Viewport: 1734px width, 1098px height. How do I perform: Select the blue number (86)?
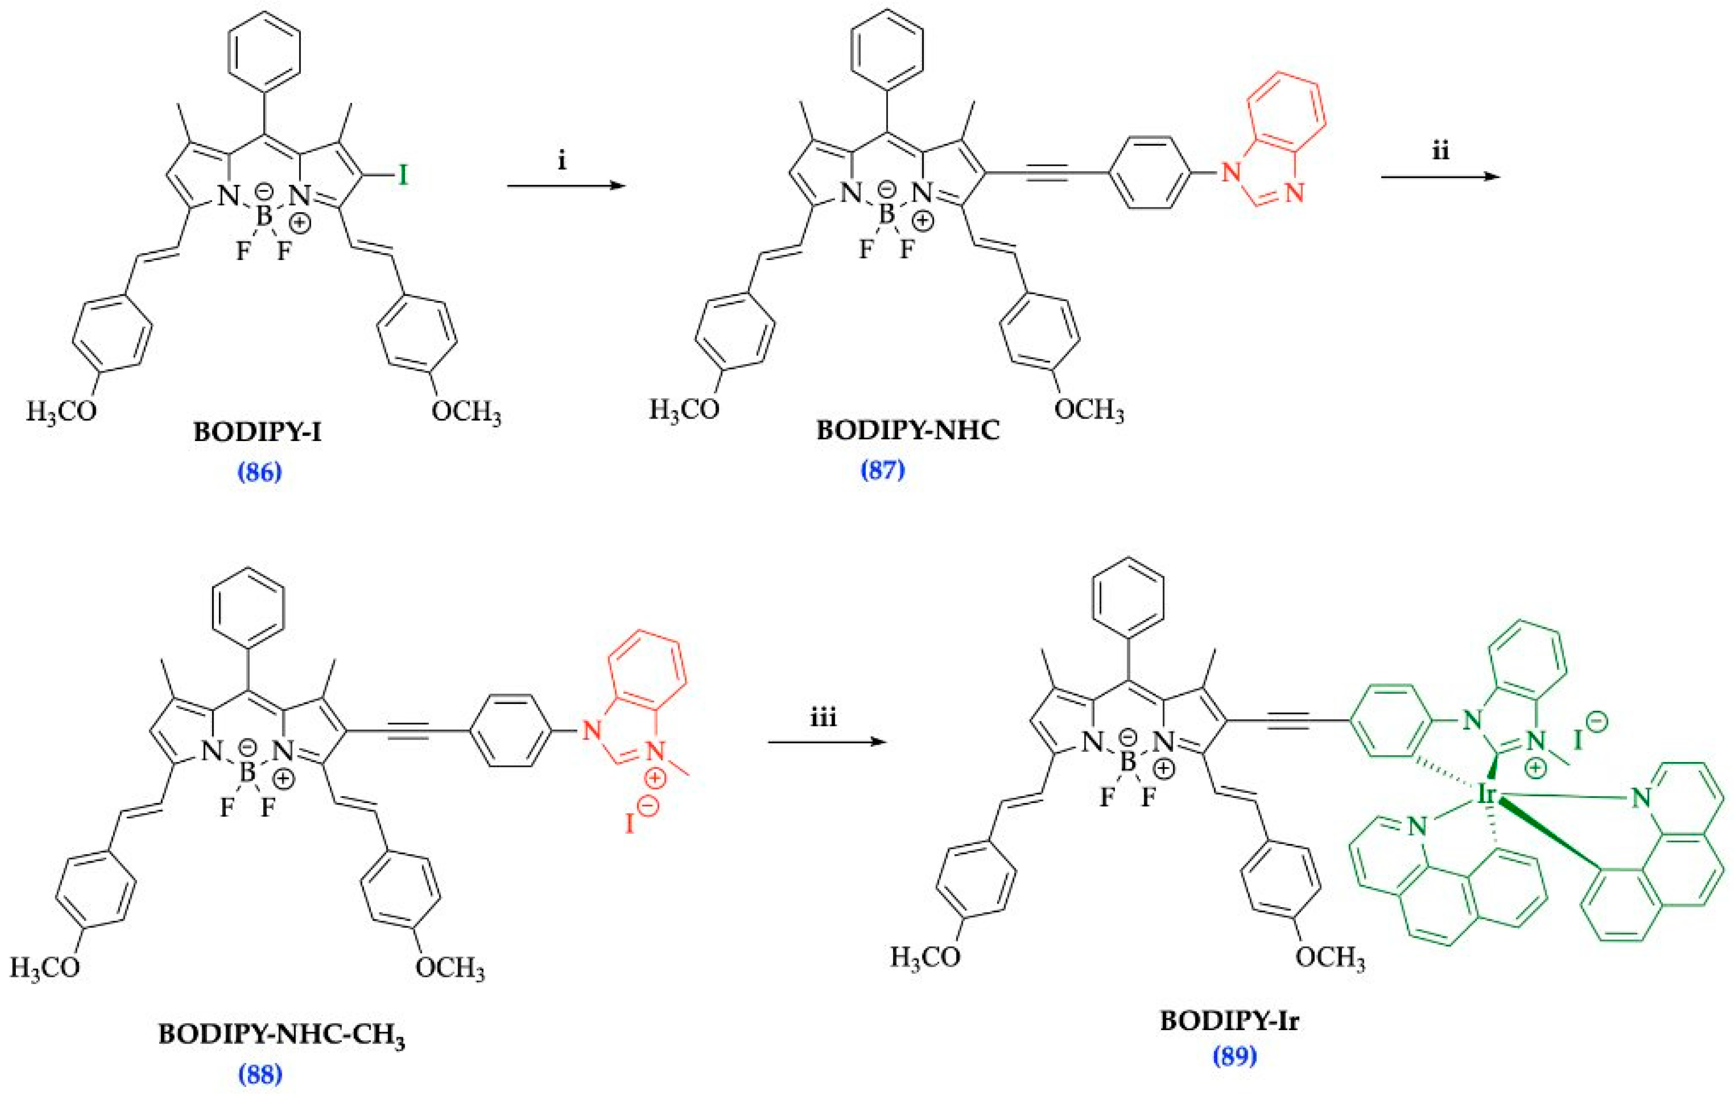tap(259, 472)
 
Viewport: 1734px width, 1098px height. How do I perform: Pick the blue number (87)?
tap(882, 470)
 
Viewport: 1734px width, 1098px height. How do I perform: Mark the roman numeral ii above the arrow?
tap(1440, 151)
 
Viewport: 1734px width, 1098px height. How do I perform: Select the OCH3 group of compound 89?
tap(1329, 958)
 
